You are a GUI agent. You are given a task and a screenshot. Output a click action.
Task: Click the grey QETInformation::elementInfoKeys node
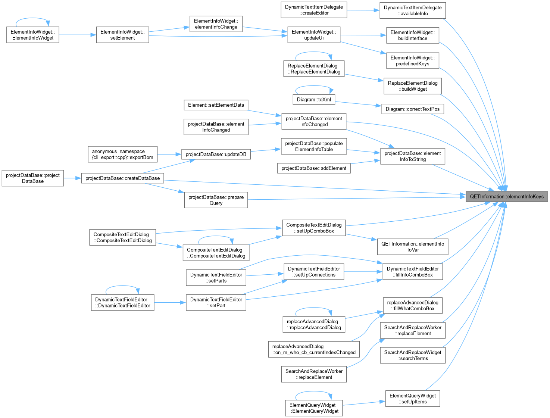(x=506, y=196)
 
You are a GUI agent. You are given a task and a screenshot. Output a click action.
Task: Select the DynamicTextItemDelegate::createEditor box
(x=314, y=10)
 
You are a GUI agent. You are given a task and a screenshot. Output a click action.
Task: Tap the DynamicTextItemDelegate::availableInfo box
(x=412, y=10)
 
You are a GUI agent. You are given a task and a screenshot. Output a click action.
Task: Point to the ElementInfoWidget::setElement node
(x=122, y=35)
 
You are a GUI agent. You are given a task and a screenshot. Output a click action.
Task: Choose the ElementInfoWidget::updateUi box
(x=314, y=35)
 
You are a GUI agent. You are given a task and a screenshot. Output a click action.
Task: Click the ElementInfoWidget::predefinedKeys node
(x=412, y=60)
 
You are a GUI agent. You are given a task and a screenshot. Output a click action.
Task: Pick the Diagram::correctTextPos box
(x=412, y=109)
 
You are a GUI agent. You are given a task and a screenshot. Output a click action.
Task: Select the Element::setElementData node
(x=216, y=105)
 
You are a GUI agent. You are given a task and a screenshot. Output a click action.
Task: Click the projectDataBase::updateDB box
(x=216, y=154)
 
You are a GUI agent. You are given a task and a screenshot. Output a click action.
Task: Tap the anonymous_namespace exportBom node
(x=122, y=154)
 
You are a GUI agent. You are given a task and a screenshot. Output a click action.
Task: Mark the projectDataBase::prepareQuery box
(x=216, y=200)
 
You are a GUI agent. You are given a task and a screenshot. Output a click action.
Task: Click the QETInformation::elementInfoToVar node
(x=412, y=247)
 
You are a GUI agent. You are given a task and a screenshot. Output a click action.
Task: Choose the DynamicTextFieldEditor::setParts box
(x=216, y=277)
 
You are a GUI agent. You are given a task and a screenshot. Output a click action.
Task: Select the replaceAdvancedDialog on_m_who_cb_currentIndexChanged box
(x=314, y=349)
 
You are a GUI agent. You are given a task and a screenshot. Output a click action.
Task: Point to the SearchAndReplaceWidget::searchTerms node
(x=412, y=355)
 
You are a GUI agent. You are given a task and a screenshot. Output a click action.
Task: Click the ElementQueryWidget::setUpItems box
(x=412, y=399)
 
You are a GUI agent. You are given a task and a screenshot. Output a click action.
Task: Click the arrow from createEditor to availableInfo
(x=363, y=10)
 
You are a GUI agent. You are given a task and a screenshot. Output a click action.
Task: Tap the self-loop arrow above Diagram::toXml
(x=314, y=86)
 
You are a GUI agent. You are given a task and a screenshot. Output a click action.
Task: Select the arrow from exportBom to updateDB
(x=169, y=154)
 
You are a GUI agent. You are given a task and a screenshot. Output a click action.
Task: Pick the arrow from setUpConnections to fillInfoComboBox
(x=363, y=272)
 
